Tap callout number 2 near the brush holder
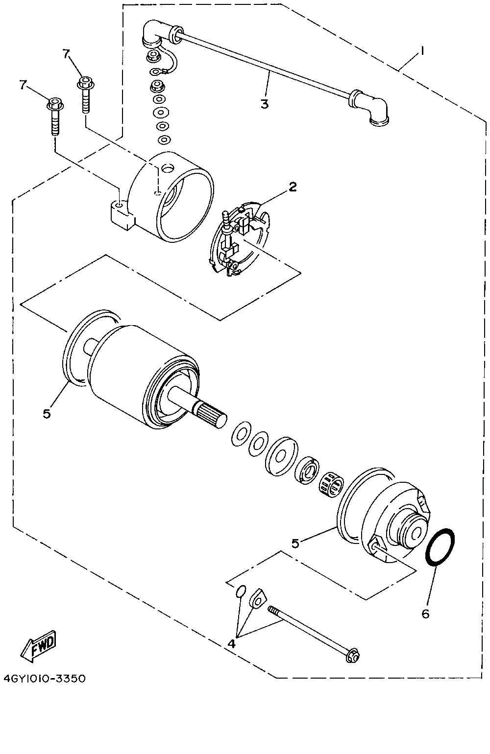pos(293,187)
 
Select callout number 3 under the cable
pos(265,104)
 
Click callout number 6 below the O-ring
pos(425,613)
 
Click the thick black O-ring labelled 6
pos(441,547)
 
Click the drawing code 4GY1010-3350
pos(45,679)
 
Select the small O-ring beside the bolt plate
pos(240,592)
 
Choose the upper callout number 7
pos(66,54)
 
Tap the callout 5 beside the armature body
pos(47,413)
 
